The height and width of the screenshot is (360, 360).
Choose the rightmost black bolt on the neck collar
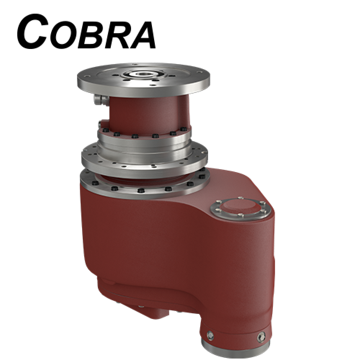point(184,129)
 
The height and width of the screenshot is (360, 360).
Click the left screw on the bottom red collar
point(210,335)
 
